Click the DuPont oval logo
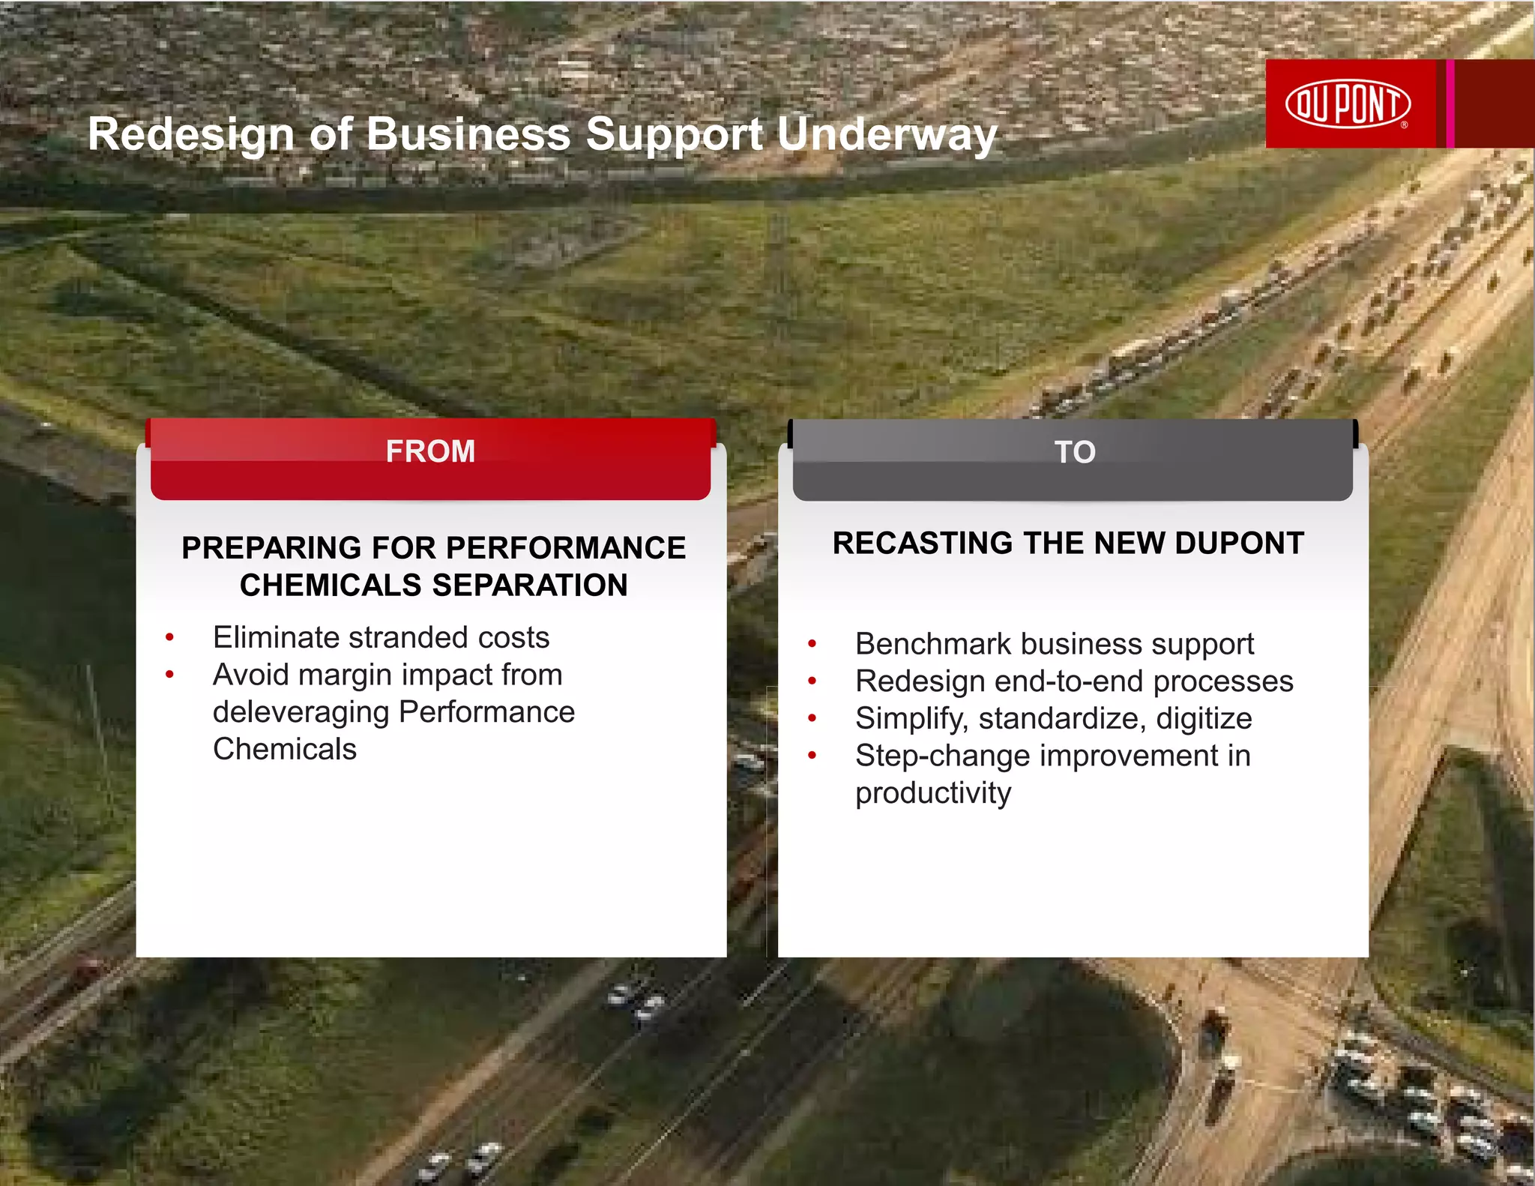[x=1348, y=103]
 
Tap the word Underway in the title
[x=887, y=135]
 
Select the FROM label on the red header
[x=430, y=451]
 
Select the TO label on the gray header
[x=1074, y=452]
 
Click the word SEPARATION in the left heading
[x=529, y=586]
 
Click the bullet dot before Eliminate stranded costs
[x=170, y=638]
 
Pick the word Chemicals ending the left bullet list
[x=285, y=750]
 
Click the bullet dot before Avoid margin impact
[x=170, y=675]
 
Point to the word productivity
[x=933, y=793]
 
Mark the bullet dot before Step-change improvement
[x=812, y=756]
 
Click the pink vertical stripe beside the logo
[x=1450, y=103]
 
